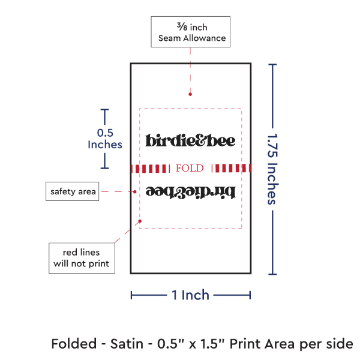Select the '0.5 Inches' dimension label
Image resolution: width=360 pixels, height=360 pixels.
105,139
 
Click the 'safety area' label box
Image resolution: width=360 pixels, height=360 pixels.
73,191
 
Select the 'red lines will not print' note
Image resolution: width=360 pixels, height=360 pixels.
82,257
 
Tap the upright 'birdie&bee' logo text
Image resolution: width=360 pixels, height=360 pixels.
190,140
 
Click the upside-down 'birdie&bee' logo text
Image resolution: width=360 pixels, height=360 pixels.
190,192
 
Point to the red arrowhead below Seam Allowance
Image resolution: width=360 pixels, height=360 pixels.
190,94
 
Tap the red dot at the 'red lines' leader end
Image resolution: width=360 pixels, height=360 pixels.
140,221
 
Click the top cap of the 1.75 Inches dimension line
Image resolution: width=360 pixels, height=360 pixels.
274,65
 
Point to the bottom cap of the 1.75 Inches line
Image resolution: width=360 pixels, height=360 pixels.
274,274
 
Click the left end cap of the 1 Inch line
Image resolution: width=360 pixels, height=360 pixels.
131,295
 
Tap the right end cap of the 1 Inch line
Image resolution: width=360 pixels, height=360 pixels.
250,295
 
